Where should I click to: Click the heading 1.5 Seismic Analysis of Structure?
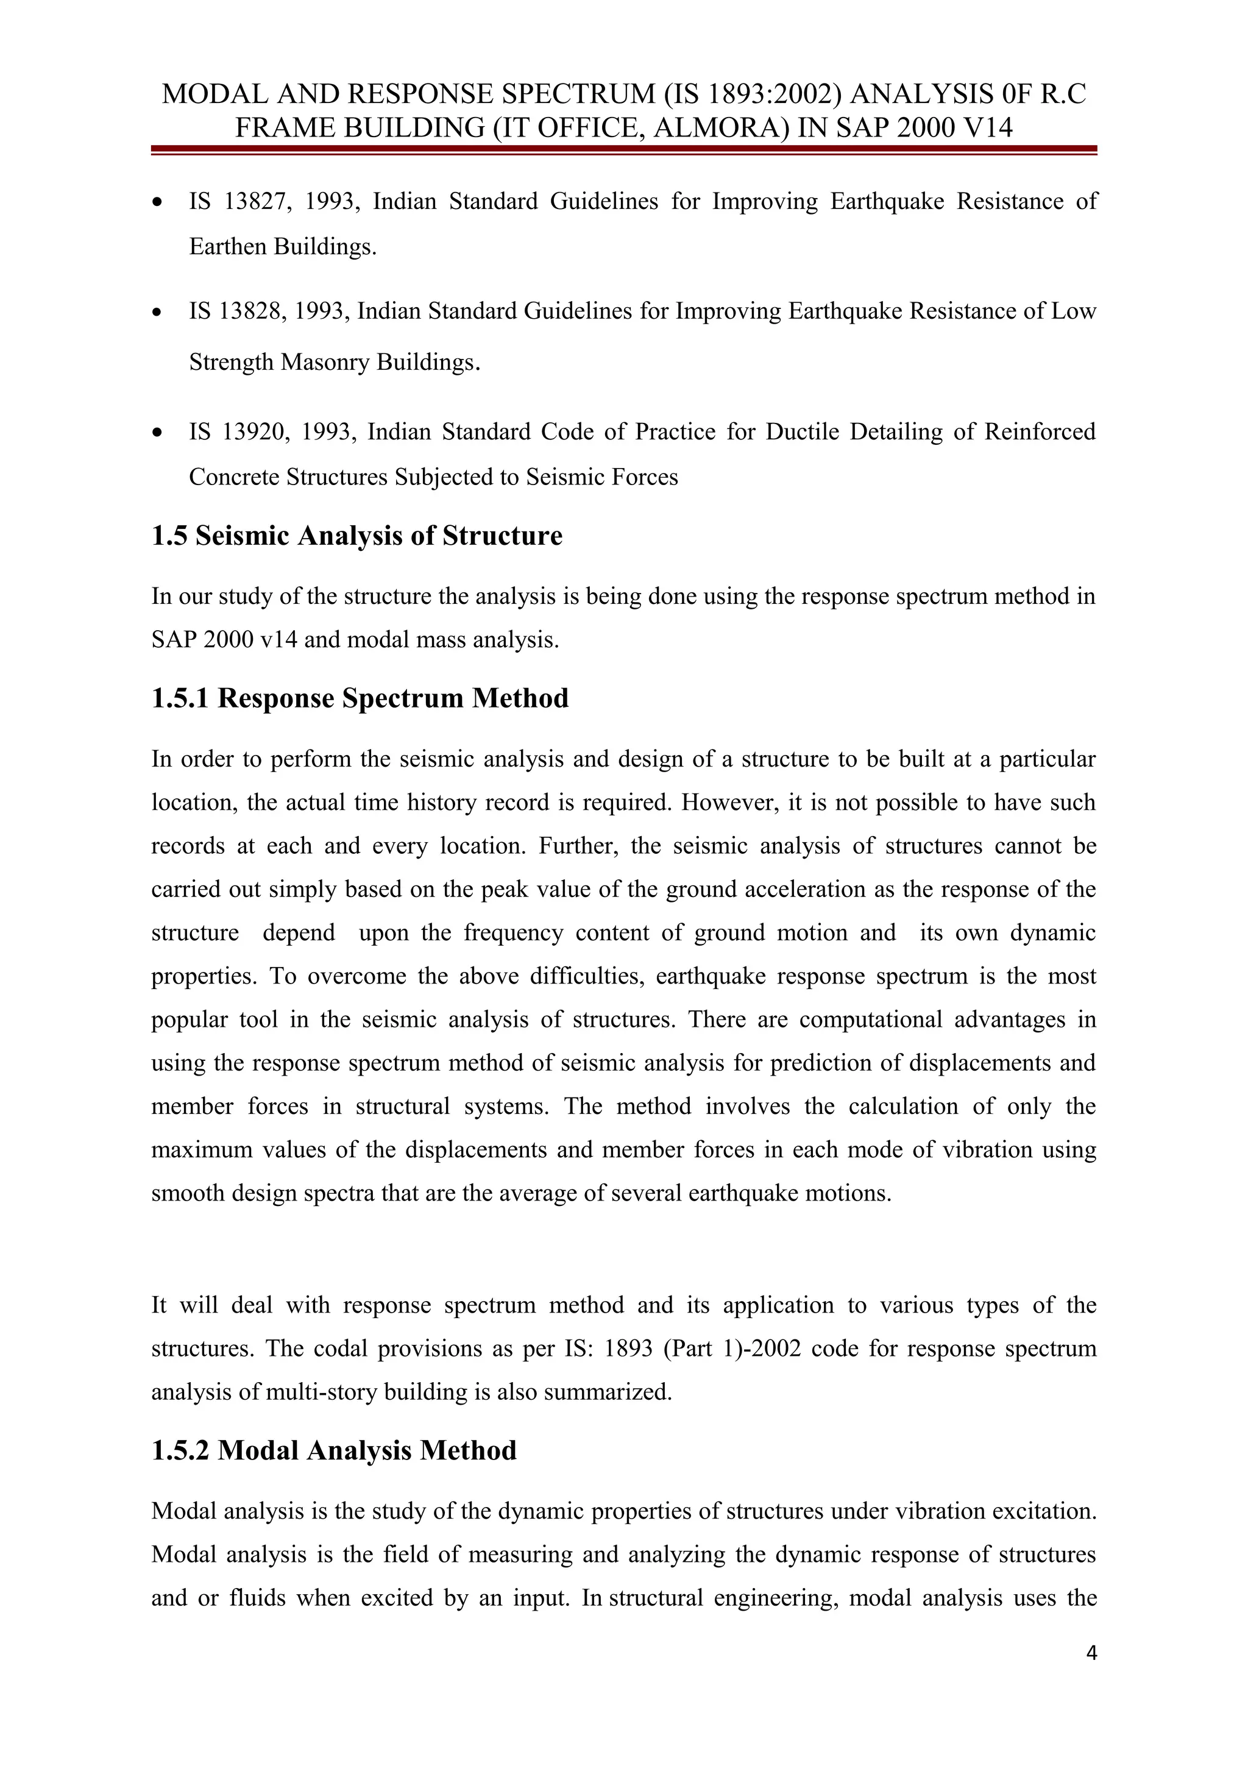click(x=357, y=536)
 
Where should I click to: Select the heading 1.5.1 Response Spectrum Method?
click(x=360, y=698)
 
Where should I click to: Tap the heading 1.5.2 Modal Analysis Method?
click(x=334, y=1450)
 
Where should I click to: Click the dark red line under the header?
click(x=623, y=149)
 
